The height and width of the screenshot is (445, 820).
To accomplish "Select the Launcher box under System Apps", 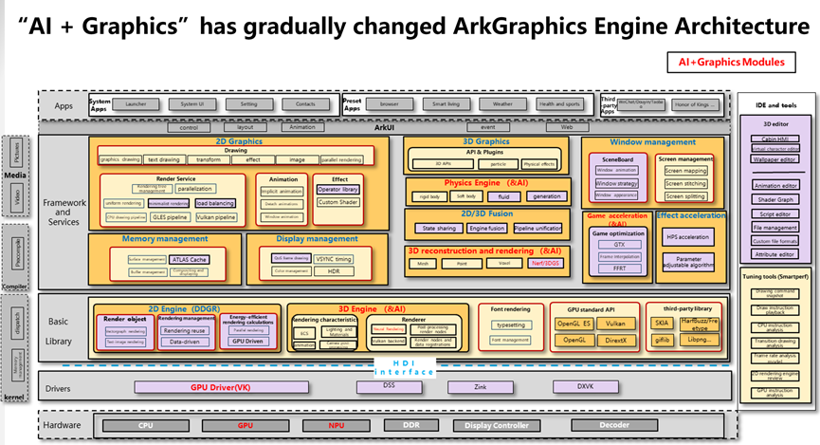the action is (136, 103).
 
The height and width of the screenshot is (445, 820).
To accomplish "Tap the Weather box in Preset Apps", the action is (501, 103).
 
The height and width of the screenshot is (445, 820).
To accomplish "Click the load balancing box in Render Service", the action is (215, 203).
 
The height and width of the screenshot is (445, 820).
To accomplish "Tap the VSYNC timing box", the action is (334, 258).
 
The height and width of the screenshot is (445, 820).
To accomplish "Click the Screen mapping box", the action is (686, 172).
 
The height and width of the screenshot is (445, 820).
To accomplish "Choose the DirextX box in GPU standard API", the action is (616, 339).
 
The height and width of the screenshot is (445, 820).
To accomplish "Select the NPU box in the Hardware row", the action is (333, 426).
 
